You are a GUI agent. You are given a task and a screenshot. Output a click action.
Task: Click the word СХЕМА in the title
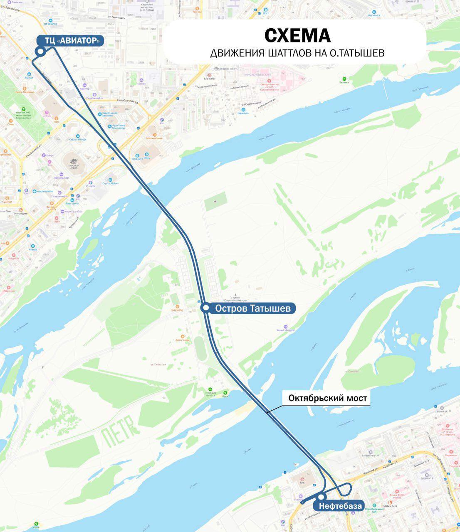coord(297,36)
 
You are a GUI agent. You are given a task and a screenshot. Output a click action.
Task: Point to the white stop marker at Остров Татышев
coord(205,308)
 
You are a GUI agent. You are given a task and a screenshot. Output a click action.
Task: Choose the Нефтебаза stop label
coord(340,506)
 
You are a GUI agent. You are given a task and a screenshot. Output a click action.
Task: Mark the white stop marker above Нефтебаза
coord(321,497)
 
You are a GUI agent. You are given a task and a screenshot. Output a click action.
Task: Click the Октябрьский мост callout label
coord(328,398)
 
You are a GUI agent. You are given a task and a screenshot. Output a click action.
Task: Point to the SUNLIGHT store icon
coord(137,155)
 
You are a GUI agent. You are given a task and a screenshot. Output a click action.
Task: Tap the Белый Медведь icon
coord(285,327)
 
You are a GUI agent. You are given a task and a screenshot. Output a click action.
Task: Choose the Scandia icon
coord(141,80)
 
